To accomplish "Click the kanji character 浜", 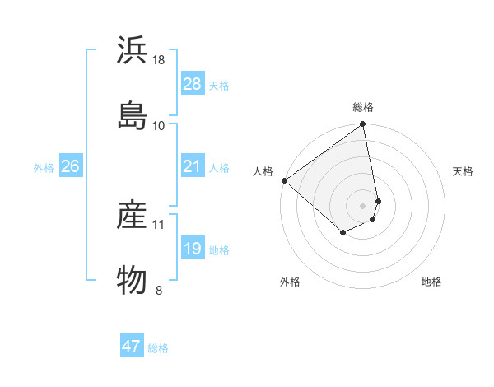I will tap(133, 51).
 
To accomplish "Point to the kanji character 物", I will tap(133, 279).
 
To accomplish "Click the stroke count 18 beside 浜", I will tap(160, 60).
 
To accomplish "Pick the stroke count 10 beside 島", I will tap(159, 125).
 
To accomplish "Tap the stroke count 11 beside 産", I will tap(159, 224).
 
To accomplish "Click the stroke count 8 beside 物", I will tap(159, 290).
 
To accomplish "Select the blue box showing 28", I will tap(192, 84).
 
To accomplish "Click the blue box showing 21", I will tap(192, 166).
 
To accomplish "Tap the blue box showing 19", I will tap(192, 249).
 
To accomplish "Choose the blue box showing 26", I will tap(70, 166).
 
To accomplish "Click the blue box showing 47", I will tap(132, 347).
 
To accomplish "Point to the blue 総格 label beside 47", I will tap(158, 348).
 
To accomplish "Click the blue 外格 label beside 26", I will tap(44, 168).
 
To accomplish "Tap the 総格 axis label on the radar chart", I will tap(363, 108).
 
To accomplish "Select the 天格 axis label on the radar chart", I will tap(463, 171).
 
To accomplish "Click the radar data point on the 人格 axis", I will tap(284, 180).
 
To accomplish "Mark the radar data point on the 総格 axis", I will tap(363, 125).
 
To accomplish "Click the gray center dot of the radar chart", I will tap(363, 205).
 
